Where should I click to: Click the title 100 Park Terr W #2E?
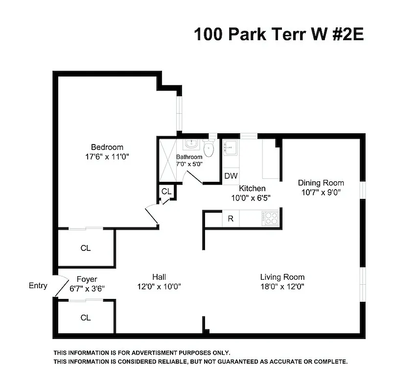tap(279, 34)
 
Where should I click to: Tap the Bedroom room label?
tap(107, 147)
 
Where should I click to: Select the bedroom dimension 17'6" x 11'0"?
tap(107, 157)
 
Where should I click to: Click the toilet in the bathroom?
tap(209, 149)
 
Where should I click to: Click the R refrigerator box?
tap(230, 219)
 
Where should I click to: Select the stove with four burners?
tap(270, 218)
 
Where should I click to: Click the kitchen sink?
tap(230, 147)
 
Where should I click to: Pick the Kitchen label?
tap(252, 188)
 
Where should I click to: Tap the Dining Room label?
tap(321, 183)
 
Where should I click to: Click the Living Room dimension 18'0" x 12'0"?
tap(282, 287)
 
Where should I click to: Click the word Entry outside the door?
tap(38, 286)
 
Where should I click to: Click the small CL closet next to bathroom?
tap(166, 191)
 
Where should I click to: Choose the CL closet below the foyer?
tap(86, 318)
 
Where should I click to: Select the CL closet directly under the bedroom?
tap(86, 248)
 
